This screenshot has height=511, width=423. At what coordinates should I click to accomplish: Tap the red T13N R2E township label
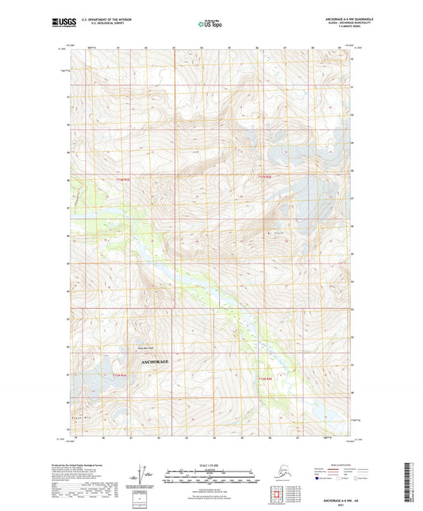pyautogui.click(x=268, y=176)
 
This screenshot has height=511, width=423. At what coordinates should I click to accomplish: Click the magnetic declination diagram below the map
pyautogui.click(x=146, y=478)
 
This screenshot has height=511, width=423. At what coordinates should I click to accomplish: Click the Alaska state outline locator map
pyautogui.click(x=286, y=475)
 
